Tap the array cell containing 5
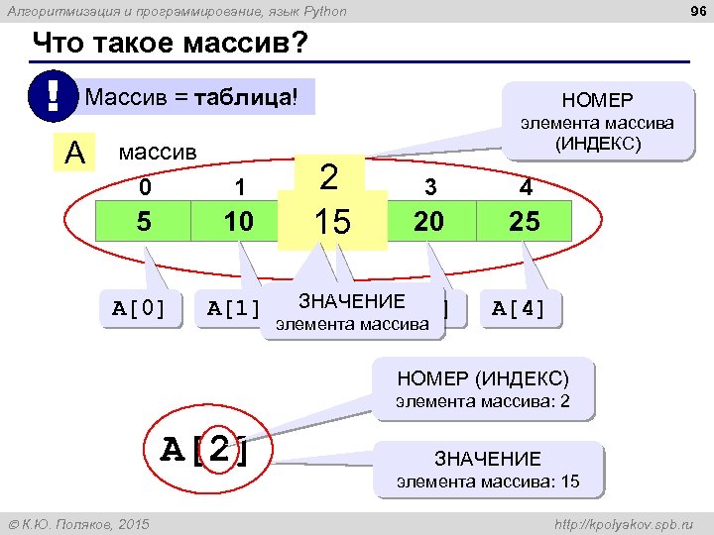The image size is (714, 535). click(144, 222)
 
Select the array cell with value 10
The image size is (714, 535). click(238, 222)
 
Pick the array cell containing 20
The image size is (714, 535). click(428, 222)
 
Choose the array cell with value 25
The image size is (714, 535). click(524, 222)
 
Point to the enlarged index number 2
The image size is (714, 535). click(330, 178)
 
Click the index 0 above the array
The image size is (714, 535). click(145, 187)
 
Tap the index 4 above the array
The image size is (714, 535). click(525, 187)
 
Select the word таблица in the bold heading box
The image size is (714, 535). click(242, 98)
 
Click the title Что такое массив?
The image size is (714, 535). click(170, 45)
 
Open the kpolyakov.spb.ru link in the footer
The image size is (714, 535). click(625, 522)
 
